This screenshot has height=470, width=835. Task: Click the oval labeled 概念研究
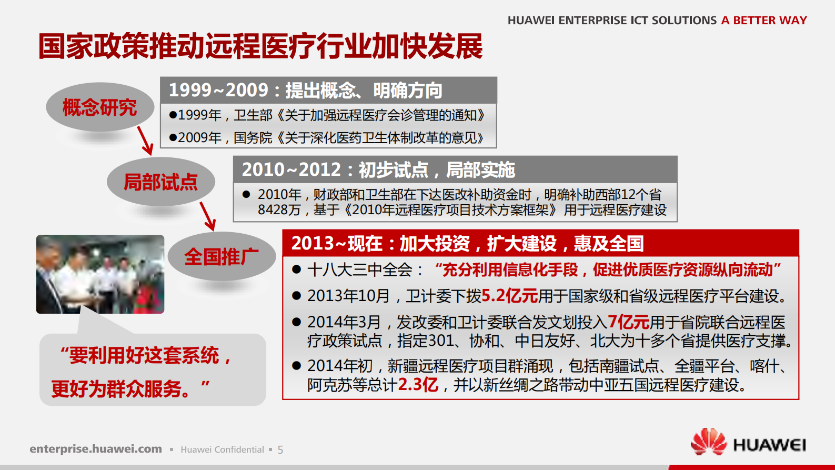click(x=99, y=107)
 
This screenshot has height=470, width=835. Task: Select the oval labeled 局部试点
click(x=160, y=182)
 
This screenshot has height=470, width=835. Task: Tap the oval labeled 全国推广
click(x=222, y=256)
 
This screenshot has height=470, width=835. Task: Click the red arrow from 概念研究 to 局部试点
click(x=145, y=141)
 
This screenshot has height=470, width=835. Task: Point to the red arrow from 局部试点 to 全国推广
click(x=207, y=216)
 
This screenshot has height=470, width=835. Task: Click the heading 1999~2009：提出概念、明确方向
click(x=305, y=91)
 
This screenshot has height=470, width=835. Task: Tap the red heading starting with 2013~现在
click(x=467, y=243)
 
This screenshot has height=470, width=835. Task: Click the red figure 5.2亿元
click(x=509, y=296)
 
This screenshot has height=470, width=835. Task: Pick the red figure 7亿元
click(x=628, y=322)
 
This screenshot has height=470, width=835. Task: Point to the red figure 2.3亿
click(x=418, y=385)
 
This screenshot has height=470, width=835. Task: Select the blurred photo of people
click(x=100, y=274)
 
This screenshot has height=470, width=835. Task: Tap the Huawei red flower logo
click(x=708, y=442)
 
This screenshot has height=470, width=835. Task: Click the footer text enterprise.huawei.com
click(x=96, y=449)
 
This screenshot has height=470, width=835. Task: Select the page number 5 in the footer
click(x=280, y=450)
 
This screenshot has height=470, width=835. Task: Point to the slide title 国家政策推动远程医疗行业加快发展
click(x=260, y=46)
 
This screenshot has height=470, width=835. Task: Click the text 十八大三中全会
click(x=360, y=270)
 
